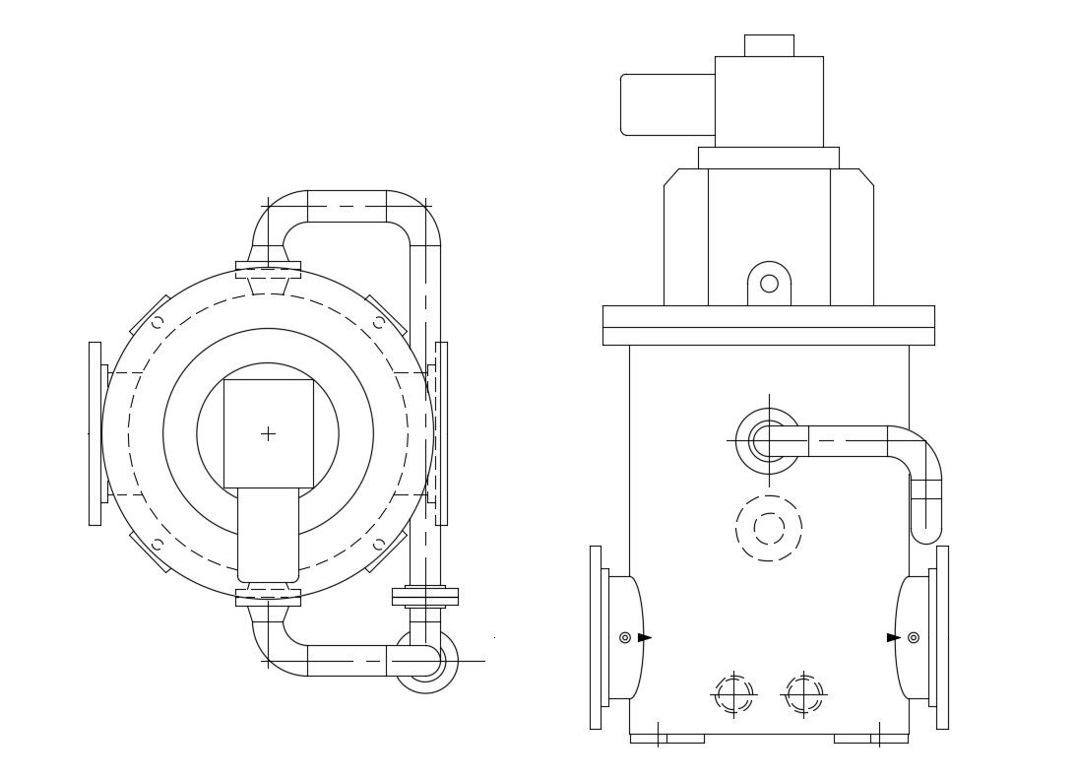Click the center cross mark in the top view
[x=268, y=433]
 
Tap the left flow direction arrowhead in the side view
[x=644, y=637]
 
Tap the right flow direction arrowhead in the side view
[x=893, y=637]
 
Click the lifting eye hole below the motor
[x=769, y=284]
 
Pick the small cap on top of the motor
[x=769, y=45]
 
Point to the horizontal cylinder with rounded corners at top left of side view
[x=666, y=104]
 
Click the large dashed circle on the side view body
[x=769, y=528]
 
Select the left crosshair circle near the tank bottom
[x=733, y=694]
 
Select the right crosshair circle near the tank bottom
[x=804, y=694]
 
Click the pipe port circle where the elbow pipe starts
[x=768, y=440]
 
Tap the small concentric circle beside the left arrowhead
[x=625, y=637]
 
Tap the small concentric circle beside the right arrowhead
[x=914, y=637]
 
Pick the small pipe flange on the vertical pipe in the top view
[x=424, y=596]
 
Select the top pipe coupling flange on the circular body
[x=268, y=269]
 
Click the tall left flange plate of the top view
[x=95, y=433]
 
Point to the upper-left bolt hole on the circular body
[x=157, y=322]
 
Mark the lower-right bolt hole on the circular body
[x=378, y=544]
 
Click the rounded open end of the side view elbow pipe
[x=925, y=533]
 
